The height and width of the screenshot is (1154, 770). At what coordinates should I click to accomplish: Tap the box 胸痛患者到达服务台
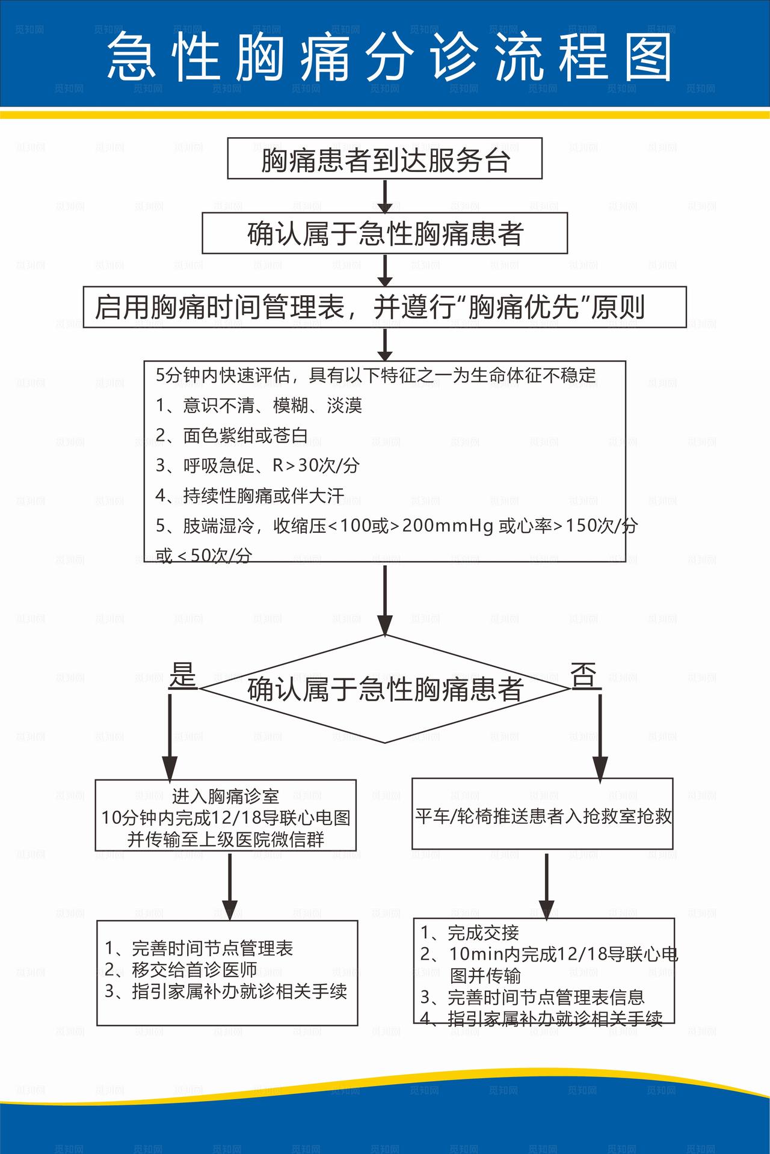384,159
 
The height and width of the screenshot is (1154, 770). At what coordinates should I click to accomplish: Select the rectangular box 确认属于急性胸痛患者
384,233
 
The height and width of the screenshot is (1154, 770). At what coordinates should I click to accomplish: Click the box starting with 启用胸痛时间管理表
384,307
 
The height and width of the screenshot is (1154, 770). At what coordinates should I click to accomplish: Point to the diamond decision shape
384,689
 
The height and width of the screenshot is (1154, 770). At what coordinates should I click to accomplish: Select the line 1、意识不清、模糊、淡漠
259,405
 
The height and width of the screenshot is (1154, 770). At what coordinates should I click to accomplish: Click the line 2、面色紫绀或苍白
232,435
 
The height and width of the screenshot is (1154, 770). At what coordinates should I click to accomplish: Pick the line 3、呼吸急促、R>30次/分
257,465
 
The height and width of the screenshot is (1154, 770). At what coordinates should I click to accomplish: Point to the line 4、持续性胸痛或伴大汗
250,496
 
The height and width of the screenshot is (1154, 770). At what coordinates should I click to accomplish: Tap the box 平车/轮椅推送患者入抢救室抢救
543,815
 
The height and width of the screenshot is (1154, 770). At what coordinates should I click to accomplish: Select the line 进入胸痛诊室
226,796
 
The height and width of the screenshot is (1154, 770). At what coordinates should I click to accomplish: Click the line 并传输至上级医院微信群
226,839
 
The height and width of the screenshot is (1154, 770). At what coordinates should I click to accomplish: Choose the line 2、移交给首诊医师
180,969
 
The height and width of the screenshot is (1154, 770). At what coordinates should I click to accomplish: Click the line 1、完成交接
469,932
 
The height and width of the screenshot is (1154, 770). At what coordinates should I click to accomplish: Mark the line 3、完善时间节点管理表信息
532,997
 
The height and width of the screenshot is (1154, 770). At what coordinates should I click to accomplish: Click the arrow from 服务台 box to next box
384,195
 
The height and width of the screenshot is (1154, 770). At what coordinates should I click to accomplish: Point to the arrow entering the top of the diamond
384,601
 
